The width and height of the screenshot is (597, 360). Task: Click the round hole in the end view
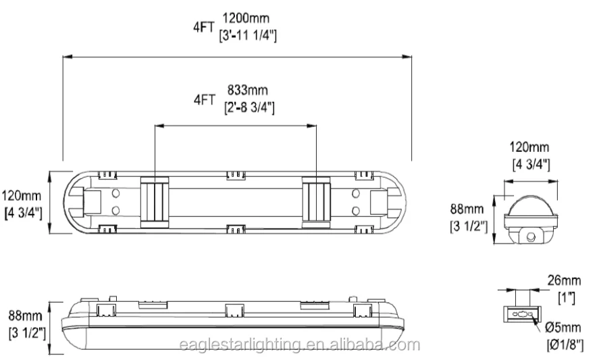coord(532,236)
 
